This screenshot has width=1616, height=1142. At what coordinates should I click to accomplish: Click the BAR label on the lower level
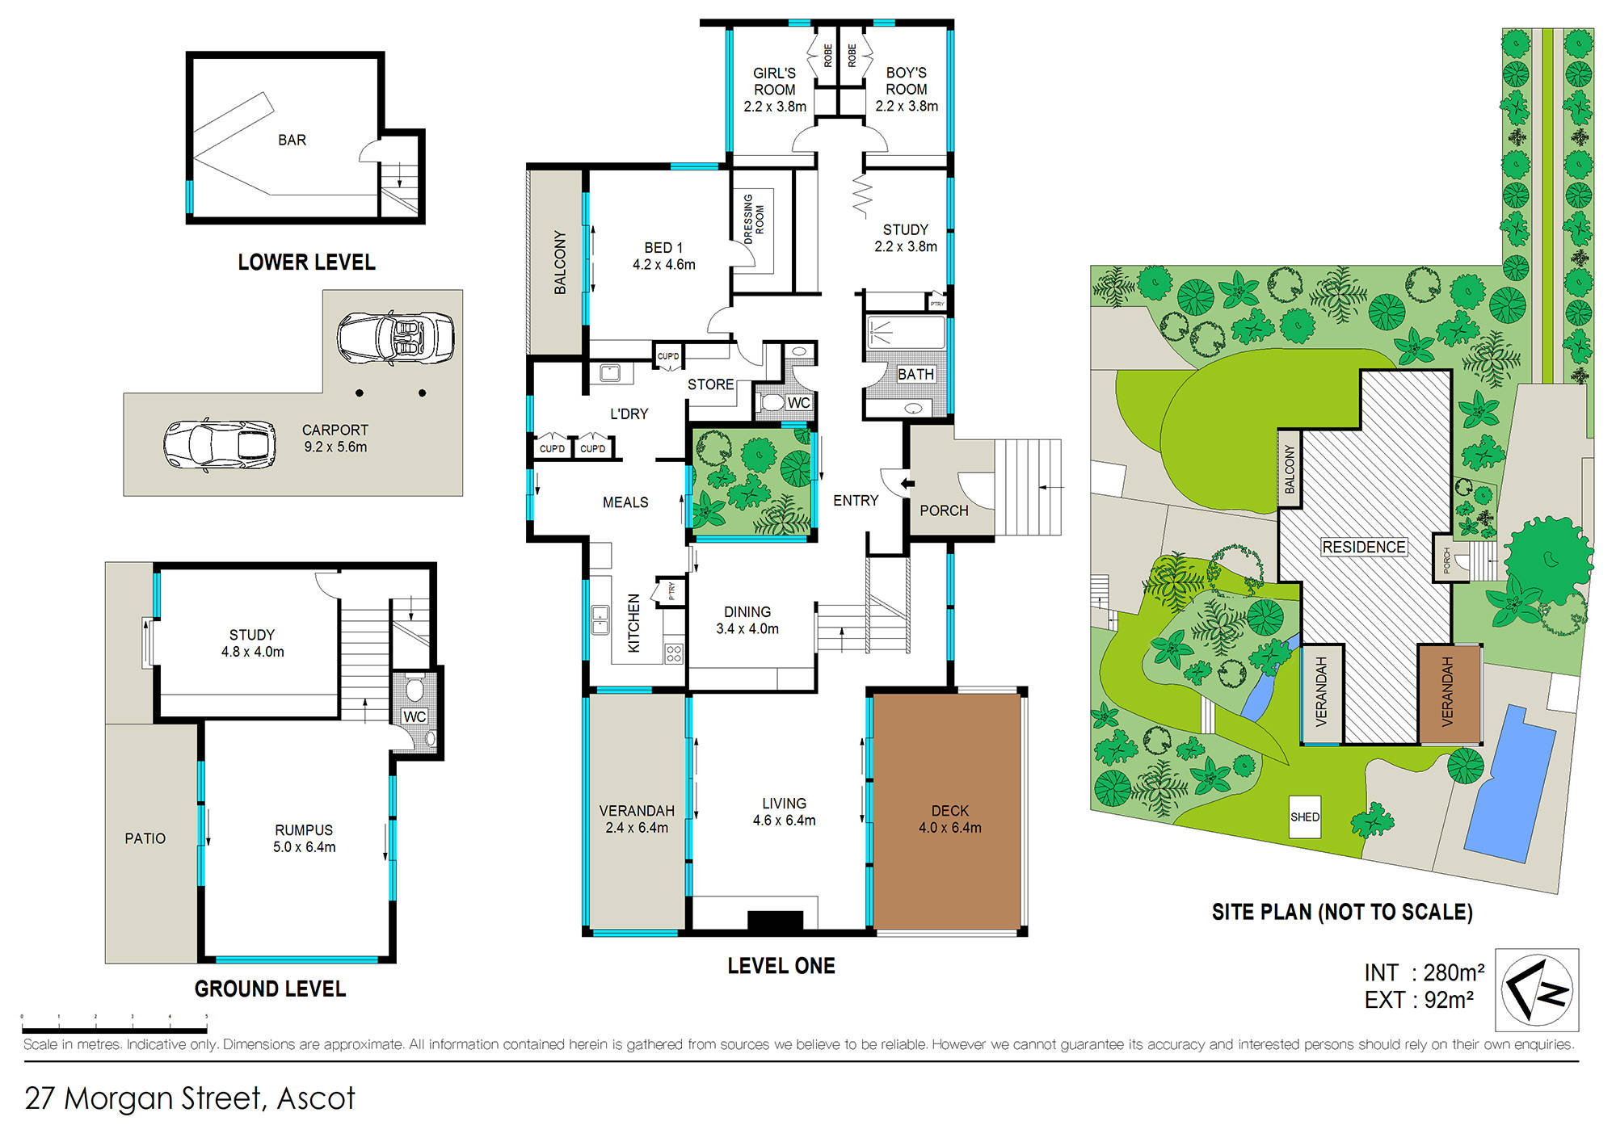(x=292, y=140)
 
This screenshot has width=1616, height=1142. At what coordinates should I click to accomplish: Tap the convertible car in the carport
(x=395, y=338)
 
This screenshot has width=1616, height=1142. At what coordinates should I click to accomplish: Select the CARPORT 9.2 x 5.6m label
(x=335, y=439)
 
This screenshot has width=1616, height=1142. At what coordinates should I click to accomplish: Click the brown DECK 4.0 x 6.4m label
(x=949, y=819)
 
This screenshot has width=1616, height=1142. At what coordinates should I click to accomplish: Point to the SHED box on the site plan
(x=1305, y=817)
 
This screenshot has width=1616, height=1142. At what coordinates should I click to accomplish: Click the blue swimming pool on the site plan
(x=1509, y=780)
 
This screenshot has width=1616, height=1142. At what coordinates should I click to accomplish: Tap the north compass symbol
(x=1537, y=990)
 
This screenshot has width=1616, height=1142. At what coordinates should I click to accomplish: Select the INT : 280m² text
(x=1424, y=972)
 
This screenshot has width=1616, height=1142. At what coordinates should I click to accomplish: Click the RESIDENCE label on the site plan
(x=1363, y=547)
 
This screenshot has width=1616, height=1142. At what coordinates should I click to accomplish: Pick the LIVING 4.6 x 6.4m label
(x=784, y=812)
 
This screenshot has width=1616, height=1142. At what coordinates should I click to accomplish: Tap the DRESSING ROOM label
(x=753, y=219)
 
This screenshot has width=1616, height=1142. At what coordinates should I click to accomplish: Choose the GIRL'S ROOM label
(x=775, y=89)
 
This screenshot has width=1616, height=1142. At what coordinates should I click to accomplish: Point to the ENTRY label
(x=856, y=501)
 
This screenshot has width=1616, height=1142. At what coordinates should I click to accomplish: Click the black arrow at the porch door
(x=907, y=484)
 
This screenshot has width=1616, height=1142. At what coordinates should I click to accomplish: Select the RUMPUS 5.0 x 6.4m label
(x=304, y=838)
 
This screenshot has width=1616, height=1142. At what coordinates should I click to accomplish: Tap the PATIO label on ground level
(x=145, y=838)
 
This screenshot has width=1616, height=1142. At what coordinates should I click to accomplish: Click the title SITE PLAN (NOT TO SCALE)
(x=1342, y=912)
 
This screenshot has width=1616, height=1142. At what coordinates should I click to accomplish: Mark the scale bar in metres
(x=114, y=1030)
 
